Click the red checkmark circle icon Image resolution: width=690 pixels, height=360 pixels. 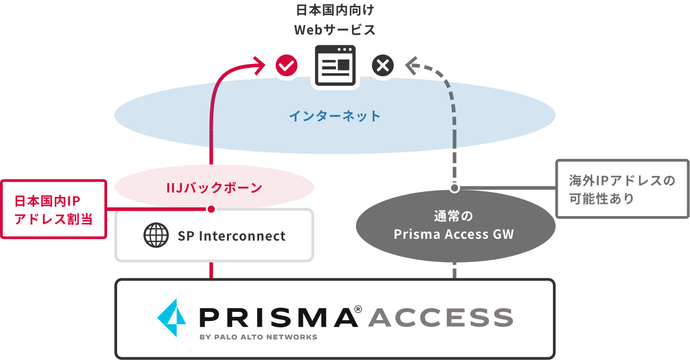286,66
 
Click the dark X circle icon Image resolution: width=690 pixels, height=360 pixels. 383,66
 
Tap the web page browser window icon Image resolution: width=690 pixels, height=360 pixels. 335,65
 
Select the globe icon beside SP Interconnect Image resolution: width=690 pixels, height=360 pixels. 156,235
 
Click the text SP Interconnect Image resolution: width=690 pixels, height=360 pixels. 232,236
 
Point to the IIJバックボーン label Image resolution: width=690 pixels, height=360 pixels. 214,187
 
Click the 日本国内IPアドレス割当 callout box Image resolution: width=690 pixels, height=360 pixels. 54,209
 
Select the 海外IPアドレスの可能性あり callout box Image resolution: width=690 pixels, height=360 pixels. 622,189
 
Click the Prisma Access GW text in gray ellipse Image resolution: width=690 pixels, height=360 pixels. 454,234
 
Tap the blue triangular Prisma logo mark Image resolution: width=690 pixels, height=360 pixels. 172,317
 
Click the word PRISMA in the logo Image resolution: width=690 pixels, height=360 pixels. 278,317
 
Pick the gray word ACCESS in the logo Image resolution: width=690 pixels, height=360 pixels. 440,317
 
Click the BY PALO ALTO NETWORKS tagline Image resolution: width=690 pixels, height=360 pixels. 258,337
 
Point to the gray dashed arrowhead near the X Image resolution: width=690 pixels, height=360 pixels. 411,66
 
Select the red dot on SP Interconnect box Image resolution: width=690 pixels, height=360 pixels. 211,209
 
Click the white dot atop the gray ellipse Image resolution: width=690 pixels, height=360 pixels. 454,187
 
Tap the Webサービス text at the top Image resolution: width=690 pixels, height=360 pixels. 335,30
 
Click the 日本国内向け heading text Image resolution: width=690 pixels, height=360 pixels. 335,10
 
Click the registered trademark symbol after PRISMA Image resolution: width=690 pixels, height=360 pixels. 358,309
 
